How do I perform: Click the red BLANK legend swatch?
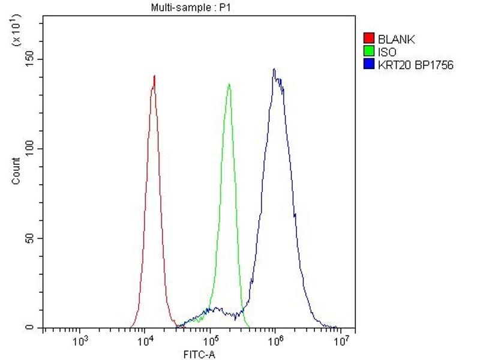pyautogui.click(x=370, y=40)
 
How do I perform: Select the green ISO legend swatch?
pyautogui.click(x=370, y=52)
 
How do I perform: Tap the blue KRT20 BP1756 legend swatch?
pyautogui.click(x=370, y=64)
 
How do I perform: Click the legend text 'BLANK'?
pyautogui.click(x=396, y=40)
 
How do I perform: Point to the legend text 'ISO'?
pyautogui.click(x=387, y=52)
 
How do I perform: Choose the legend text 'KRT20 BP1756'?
pyautogui.click(x=415, y=64)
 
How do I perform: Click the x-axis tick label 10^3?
pyautogui.click(x=80, y=342)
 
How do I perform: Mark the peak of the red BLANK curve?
pyautogui.click(x=154, y=76)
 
